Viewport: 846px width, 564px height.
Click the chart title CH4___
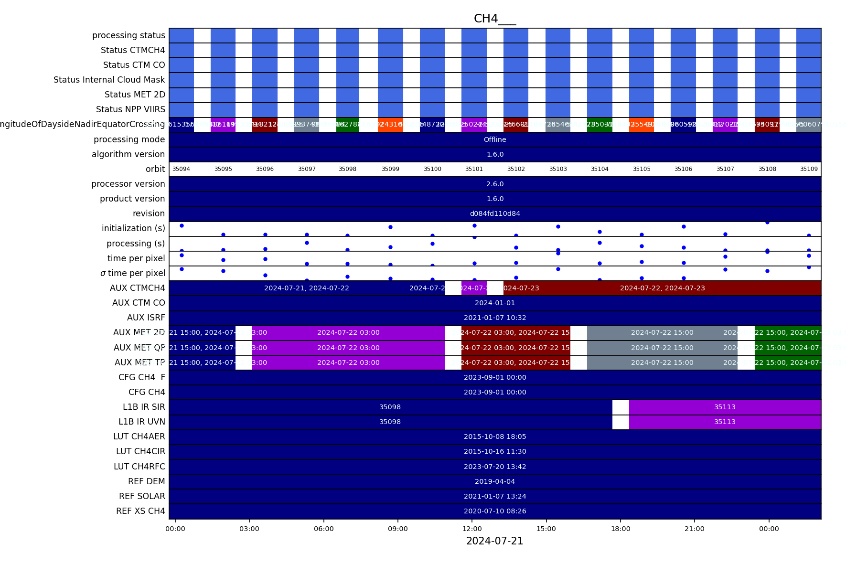[494, 19]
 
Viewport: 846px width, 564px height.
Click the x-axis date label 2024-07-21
[494, 541]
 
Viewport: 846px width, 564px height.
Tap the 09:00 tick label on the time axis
[398, 529]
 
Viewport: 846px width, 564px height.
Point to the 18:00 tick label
[620, 529]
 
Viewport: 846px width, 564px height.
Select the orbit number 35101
[474, 169]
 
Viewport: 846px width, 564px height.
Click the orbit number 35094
[181, 169]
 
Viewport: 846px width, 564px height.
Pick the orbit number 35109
[809, 169]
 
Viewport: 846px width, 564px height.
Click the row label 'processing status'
[129, 35]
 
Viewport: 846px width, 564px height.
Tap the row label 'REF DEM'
[146, 481]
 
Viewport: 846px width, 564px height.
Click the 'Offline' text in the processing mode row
[495, 139]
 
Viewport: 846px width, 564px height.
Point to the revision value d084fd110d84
[495, 213]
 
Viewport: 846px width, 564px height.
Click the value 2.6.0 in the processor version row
[495, 184]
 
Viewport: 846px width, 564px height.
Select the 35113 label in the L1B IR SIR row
[725, 407]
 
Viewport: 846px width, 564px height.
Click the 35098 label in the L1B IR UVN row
[390, 422]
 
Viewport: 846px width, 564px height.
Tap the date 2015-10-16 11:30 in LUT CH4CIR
[495, 451]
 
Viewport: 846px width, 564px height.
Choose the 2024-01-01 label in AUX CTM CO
[495, 303]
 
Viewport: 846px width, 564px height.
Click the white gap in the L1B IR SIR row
[621, 407]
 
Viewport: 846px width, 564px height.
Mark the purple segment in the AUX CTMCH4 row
[474, 288]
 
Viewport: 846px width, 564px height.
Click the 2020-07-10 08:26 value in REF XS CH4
[495, 511]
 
